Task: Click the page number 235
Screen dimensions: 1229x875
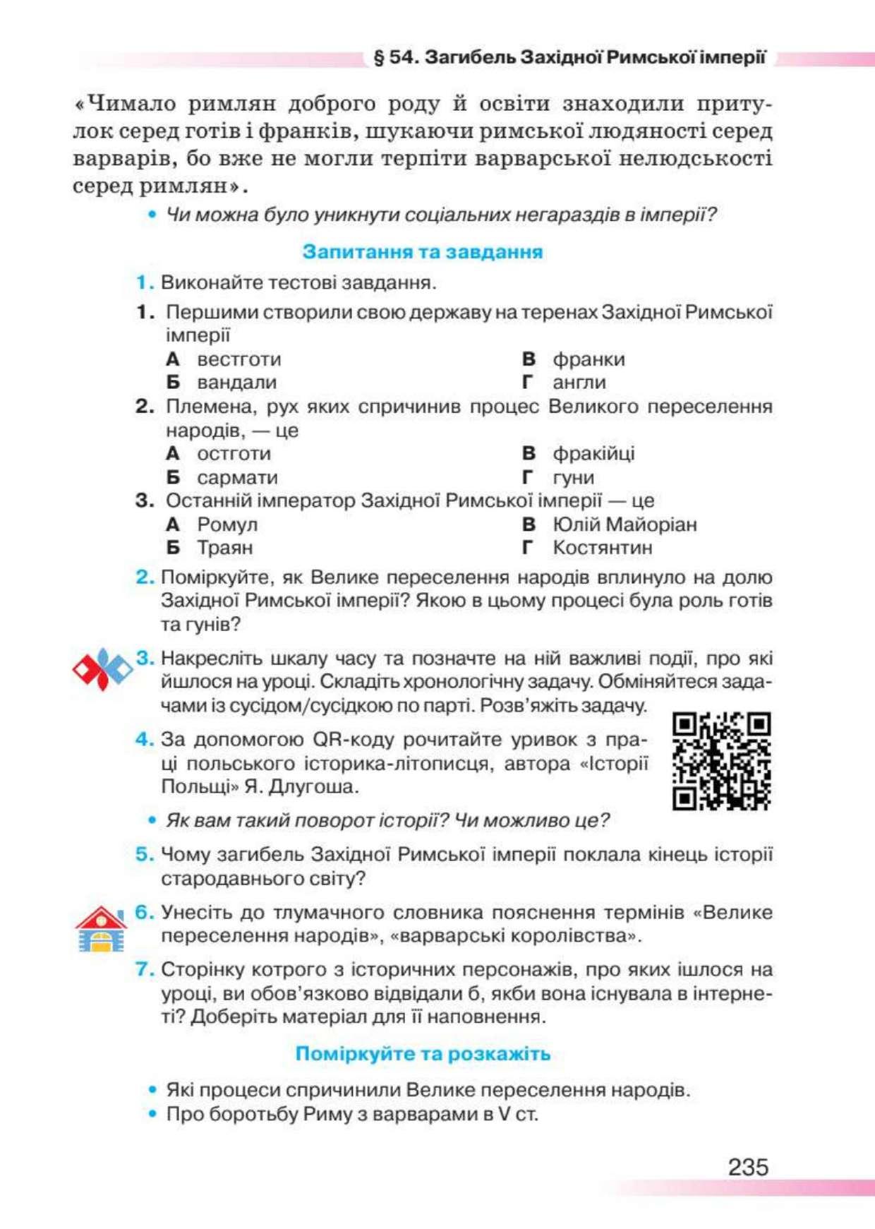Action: (x=748, y=1167)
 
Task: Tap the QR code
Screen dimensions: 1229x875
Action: (x=721, y=761)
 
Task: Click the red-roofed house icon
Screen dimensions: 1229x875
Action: (x=101, y=929)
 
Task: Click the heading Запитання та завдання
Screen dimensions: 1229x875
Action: (x=422, y=252)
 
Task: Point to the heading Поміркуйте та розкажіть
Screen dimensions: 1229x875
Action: (x=422, y=1053)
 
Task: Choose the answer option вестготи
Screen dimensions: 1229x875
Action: (x=239, y=359)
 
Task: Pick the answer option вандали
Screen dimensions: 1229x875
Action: (x=236, y=383)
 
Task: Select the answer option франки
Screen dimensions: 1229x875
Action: (x=589, y=359)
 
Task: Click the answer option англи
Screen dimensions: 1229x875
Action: (x=579, y=383)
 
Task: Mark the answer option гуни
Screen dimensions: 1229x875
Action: (x=573, y=478)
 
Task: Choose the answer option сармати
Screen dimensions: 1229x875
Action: (x=237, y=478)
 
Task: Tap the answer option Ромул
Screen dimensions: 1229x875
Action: (x=227, y=524)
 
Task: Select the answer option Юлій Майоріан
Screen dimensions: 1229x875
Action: (x=624, y=524)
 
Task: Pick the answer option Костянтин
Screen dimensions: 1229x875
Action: (x=602, y=548)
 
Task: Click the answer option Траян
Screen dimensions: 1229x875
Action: (x=224, y=548)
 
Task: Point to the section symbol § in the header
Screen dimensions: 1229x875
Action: (x=379, y=58)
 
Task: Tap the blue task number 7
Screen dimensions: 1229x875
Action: (x=144, y=969)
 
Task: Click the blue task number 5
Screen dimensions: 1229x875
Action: (x=144, y=854)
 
